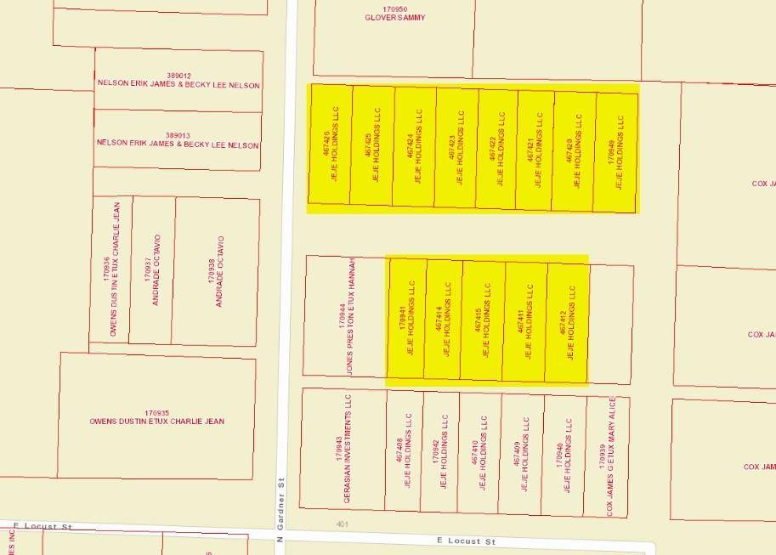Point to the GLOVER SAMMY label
coord(394,18)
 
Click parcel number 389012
coord(178,76)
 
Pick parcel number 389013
coord(178,135)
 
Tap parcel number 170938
coord(211,270)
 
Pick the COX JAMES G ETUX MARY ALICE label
coord(610,456)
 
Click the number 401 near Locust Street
coord(343,524)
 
